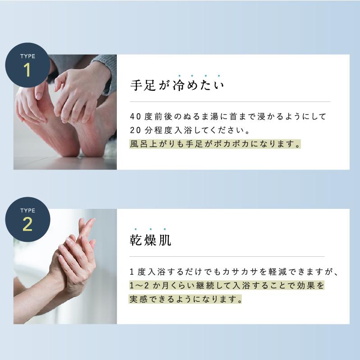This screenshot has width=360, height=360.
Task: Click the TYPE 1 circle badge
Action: coord(27,65)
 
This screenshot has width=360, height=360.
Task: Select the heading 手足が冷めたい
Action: coord(177,85)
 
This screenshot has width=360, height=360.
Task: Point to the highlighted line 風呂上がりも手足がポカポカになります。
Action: coord(215,144)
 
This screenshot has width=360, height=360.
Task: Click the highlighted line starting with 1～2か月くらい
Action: coord(226,286)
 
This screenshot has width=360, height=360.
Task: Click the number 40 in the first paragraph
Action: coord(135,116)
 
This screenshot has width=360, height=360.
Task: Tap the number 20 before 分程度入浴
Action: coord(135,130)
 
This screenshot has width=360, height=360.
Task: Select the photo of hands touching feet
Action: coord(65,112)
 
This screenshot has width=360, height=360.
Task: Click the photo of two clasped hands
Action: coord(65,266)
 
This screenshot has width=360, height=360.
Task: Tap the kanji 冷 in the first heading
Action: coord(179,85)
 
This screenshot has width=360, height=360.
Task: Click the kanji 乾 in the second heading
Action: coord(136,240)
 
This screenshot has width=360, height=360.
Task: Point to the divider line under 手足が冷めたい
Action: coord(230,102)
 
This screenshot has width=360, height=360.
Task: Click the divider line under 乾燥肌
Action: coord(230,256)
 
